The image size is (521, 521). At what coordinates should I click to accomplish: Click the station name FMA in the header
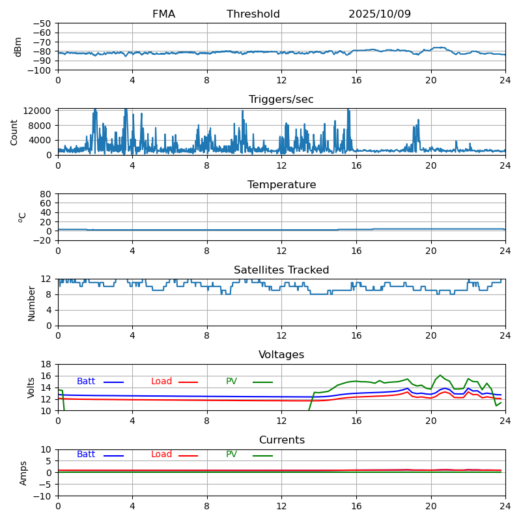pyautogui.click(x=163, y=14)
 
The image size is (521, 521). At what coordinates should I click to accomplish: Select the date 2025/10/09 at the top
pyautogui.click(x=380, y=14)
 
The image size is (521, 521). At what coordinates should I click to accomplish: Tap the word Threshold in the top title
pyautogui.click(x=253, y=14)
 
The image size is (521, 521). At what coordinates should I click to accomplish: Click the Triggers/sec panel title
pyautogui.click(x=281, y=100)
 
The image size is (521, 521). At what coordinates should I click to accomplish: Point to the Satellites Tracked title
pyautogui.click(x=281, y=270)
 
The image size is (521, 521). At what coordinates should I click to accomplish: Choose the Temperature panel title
pyautogui.click(x=281, y=185)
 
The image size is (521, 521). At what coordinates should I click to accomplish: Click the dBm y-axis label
pyautogui.click(x=18, y=47)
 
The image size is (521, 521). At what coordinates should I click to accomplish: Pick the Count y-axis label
pyautogui.click(x=14, y=132)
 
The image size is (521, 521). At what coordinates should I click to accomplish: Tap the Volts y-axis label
pyautogui.click(x=31, y=387)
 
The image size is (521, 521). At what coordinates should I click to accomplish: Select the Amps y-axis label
pyautogui.click(x=23, y=473)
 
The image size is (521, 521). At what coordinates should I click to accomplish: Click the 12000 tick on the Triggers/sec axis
pyautogui.click(x=38, y=112)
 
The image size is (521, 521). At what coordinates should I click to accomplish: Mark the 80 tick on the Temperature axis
pyautogui.click(x=46, y=194)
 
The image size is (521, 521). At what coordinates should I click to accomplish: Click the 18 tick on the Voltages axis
pyautogui.click(x=46, y=364)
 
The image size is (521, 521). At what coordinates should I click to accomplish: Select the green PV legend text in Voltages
pyautogui.click(x=231, y=382)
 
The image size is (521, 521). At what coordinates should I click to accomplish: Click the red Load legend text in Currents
pyautogui.click(x=162, y=455)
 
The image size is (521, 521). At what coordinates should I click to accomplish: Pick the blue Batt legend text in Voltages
pyautogui.click(x=86, y=382)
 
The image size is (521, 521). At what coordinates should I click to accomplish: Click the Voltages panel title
pyautogui.click(x=281, y=355)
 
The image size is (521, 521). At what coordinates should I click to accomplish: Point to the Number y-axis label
pyautogui.click(x=31, y=303)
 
